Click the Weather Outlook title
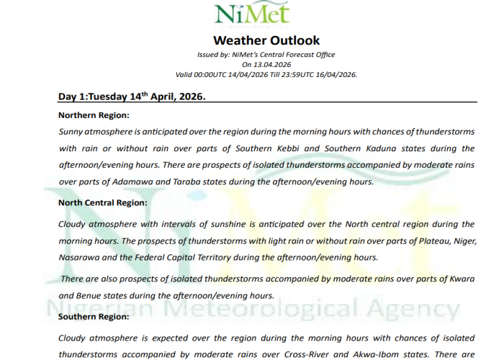pyautogui.click(x=266, y=40)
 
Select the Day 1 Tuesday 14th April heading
pyautogui.click(x=132, y=96)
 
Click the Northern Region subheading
pyautogui.click(x=94, y=115)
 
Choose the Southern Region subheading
pyautogui.click(x=94, y=316)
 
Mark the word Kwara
pyautogui.click(x=459, y=278)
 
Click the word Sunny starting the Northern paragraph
pyautogui.click(x=71, y=131)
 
